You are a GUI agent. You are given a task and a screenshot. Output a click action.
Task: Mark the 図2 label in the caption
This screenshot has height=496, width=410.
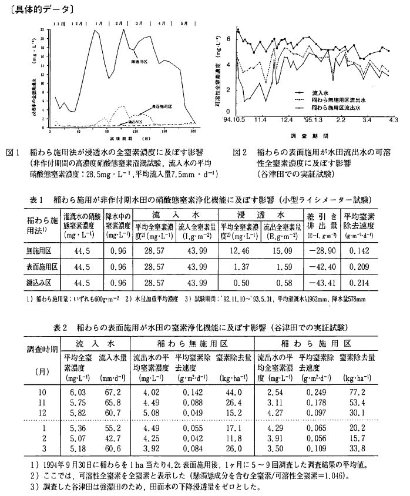pos(240,152)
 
